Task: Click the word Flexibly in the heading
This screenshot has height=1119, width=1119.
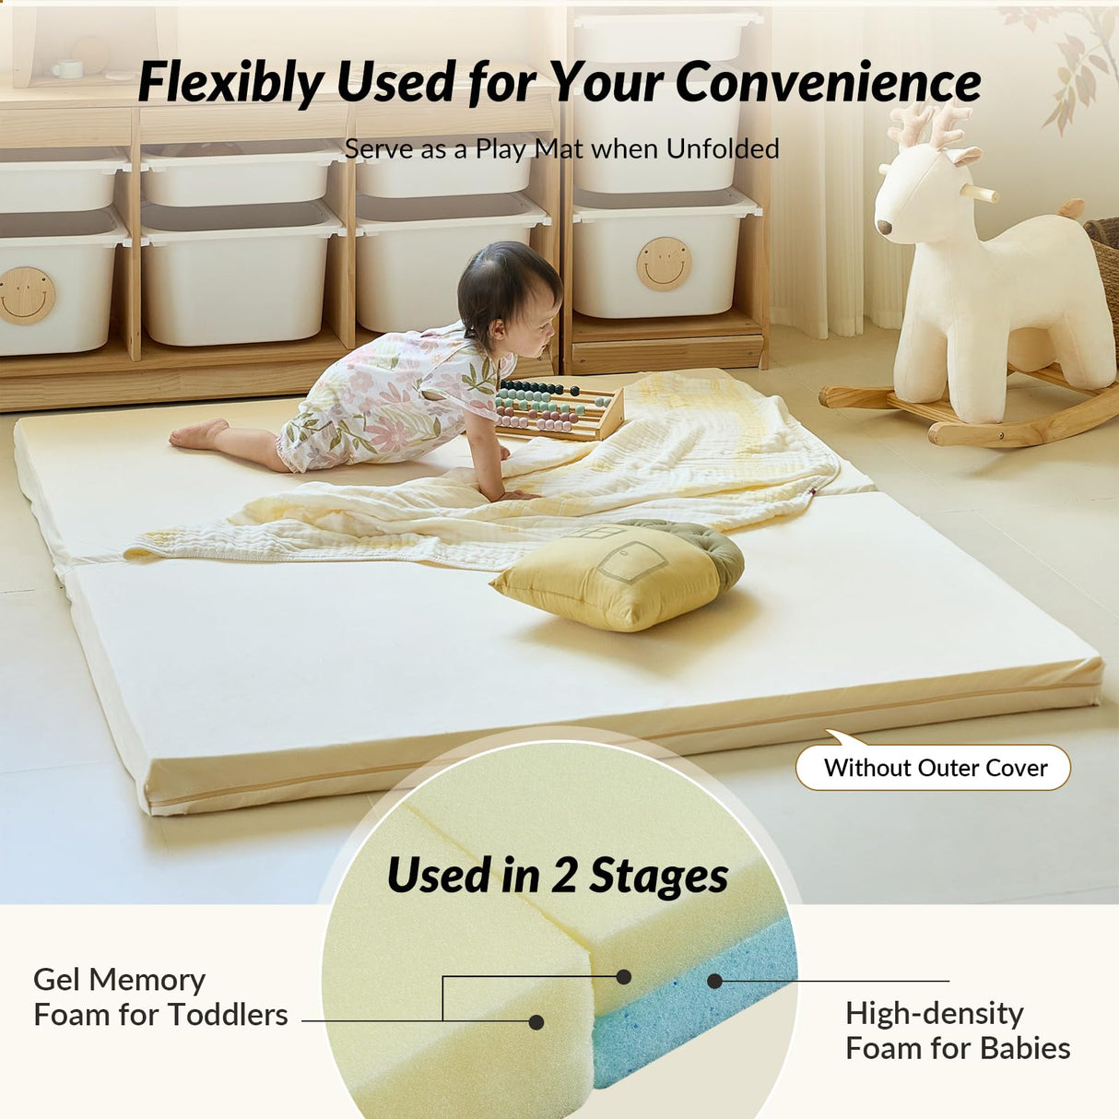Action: (x=231, y=83)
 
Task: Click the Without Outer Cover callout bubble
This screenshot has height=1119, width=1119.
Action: (x=934, y=768)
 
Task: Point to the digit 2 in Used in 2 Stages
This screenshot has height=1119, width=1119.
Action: (x=563, y=875)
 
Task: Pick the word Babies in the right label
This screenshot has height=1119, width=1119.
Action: (x=1025, y=1048)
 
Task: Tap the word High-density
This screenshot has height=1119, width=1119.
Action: (x=934, y=1013)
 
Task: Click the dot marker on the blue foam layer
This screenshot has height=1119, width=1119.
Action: (x=714, y=981)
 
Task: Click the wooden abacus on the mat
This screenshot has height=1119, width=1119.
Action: (x=558, y=409)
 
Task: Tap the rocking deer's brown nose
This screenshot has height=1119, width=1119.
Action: (x=884, y=227)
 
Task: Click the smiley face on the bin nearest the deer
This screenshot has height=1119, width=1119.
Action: (x=664, y=264)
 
